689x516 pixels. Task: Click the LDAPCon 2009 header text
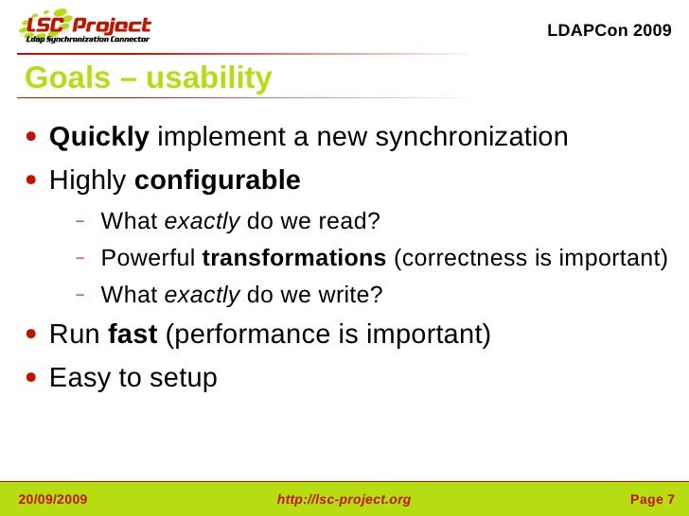click(609, 30)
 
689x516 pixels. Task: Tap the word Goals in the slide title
click(67, 78)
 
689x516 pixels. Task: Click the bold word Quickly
click(98, 138)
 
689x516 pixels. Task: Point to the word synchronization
click(471, 138)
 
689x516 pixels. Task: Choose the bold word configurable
click(218, 180)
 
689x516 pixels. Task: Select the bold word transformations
click(294, 258)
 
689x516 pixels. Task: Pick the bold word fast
click(132, 335)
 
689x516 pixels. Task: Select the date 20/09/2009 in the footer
click(53, 499)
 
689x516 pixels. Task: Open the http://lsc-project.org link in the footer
click(344, 499)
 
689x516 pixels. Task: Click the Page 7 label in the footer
click(652, 499)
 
